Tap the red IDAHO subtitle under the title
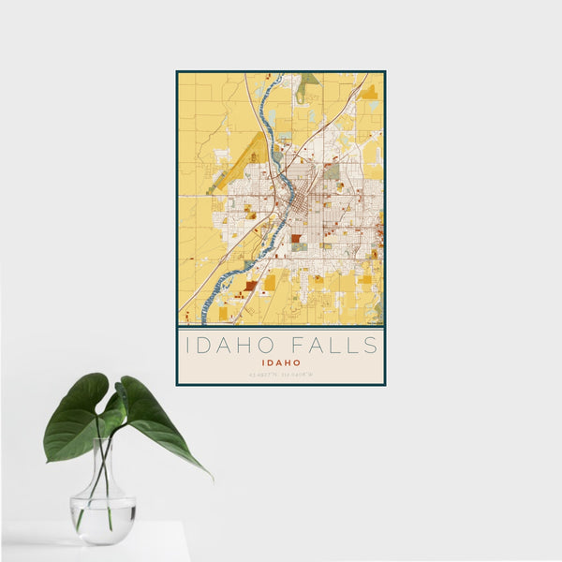tap(281, 362)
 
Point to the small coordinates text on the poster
tap(281, 375)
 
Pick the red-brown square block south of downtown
tap(296, 239)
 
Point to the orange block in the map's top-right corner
tap(370, 92)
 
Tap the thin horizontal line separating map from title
tap(281, 328)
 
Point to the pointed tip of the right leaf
tap(210, 476)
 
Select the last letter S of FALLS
tap(372, 345)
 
